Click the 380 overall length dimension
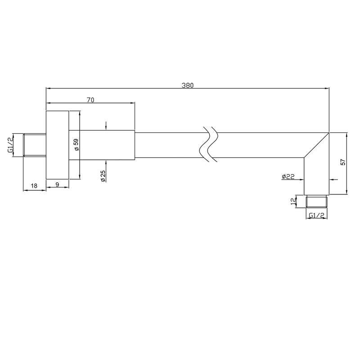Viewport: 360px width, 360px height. tap(188, 85)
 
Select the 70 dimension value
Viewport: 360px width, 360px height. tap(90, 100)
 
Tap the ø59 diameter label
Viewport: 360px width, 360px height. tap(76, 144)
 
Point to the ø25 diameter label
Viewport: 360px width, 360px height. tap(103, 176)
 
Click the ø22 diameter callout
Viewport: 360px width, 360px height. tap(288, 176)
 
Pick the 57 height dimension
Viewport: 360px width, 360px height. tap(343, 162)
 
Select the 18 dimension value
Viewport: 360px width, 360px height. tap(34, 185)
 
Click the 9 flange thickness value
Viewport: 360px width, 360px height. tap(57, 184)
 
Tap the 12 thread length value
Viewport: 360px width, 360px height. tap(293, 202)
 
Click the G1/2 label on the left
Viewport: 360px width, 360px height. tap(10, 145)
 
